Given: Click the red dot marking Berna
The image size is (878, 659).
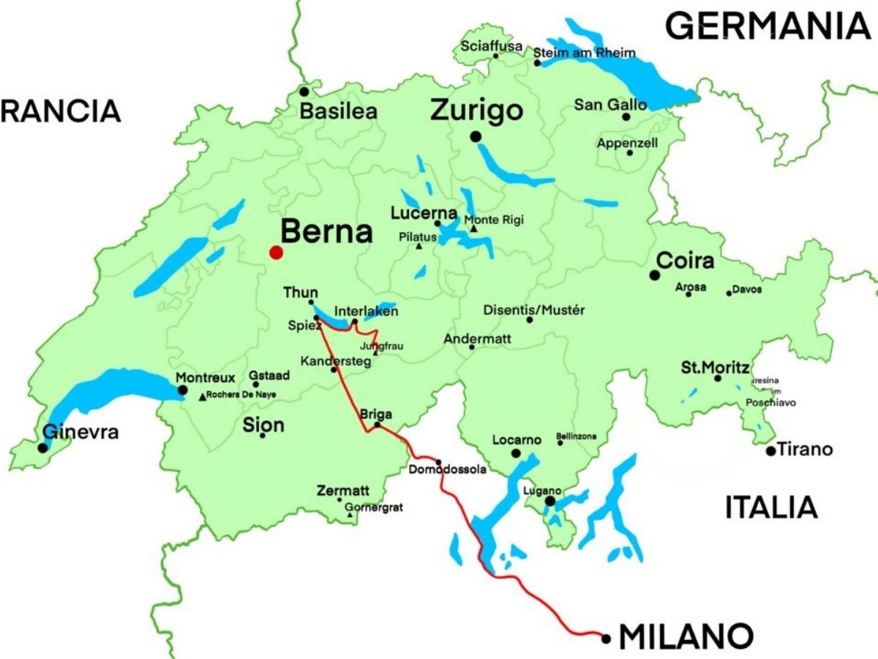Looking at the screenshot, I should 276,253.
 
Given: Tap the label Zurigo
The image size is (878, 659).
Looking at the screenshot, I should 476,111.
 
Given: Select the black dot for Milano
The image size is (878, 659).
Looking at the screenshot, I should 606,638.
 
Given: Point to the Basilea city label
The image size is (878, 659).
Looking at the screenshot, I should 339,112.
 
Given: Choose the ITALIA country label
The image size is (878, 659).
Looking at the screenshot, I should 770,507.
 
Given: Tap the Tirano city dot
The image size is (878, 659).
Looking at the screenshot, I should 770,450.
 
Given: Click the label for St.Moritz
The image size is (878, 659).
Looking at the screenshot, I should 715,367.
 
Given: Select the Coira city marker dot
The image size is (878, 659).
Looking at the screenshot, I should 655,275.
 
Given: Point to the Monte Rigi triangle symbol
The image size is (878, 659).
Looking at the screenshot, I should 473,229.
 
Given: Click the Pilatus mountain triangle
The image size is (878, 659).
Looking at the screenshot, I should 419,246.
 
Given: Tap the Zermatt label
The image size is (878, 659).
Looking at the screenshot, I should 342,491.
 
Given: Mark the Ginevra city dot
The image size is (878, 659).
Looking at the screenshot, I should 43,447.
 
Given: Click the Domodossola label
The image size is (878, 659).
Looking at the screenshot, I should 447,469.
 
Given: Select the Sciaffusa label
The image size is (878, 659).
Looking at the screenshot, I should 492,46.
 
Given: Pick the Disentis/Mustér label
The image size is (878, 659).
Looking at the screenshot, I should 534,310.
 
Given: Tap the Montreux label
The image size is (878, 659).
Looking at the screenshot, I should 206,378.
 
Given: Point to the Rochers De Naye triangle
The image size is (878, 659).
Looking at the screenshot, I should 203,398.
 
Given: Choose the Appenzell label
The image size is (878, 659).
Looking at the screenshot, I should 627,143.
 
